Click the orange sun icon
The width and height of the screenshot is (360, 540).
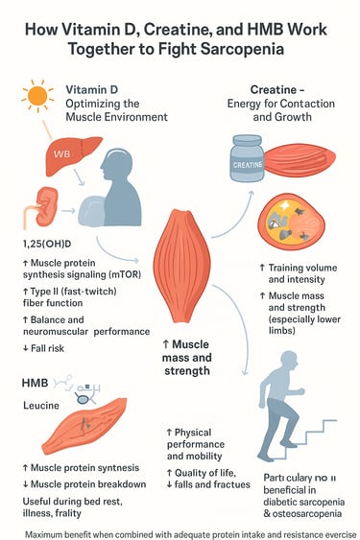(x=38, y=96)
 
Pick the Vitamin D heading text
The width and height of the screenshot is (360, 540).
(x=94, y=88)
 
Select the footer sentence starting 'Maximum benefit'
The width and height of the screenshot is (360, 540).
(x=180, y=530)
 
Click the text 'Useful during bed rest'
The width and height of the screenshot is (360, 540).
(x=77, y=500)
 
